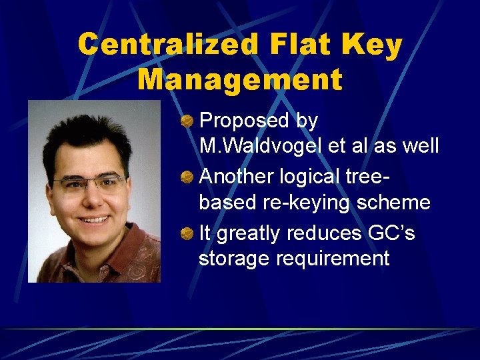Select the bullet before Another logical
(x=188, y=177)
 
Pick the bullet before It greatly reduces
(x=188, y=233)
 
